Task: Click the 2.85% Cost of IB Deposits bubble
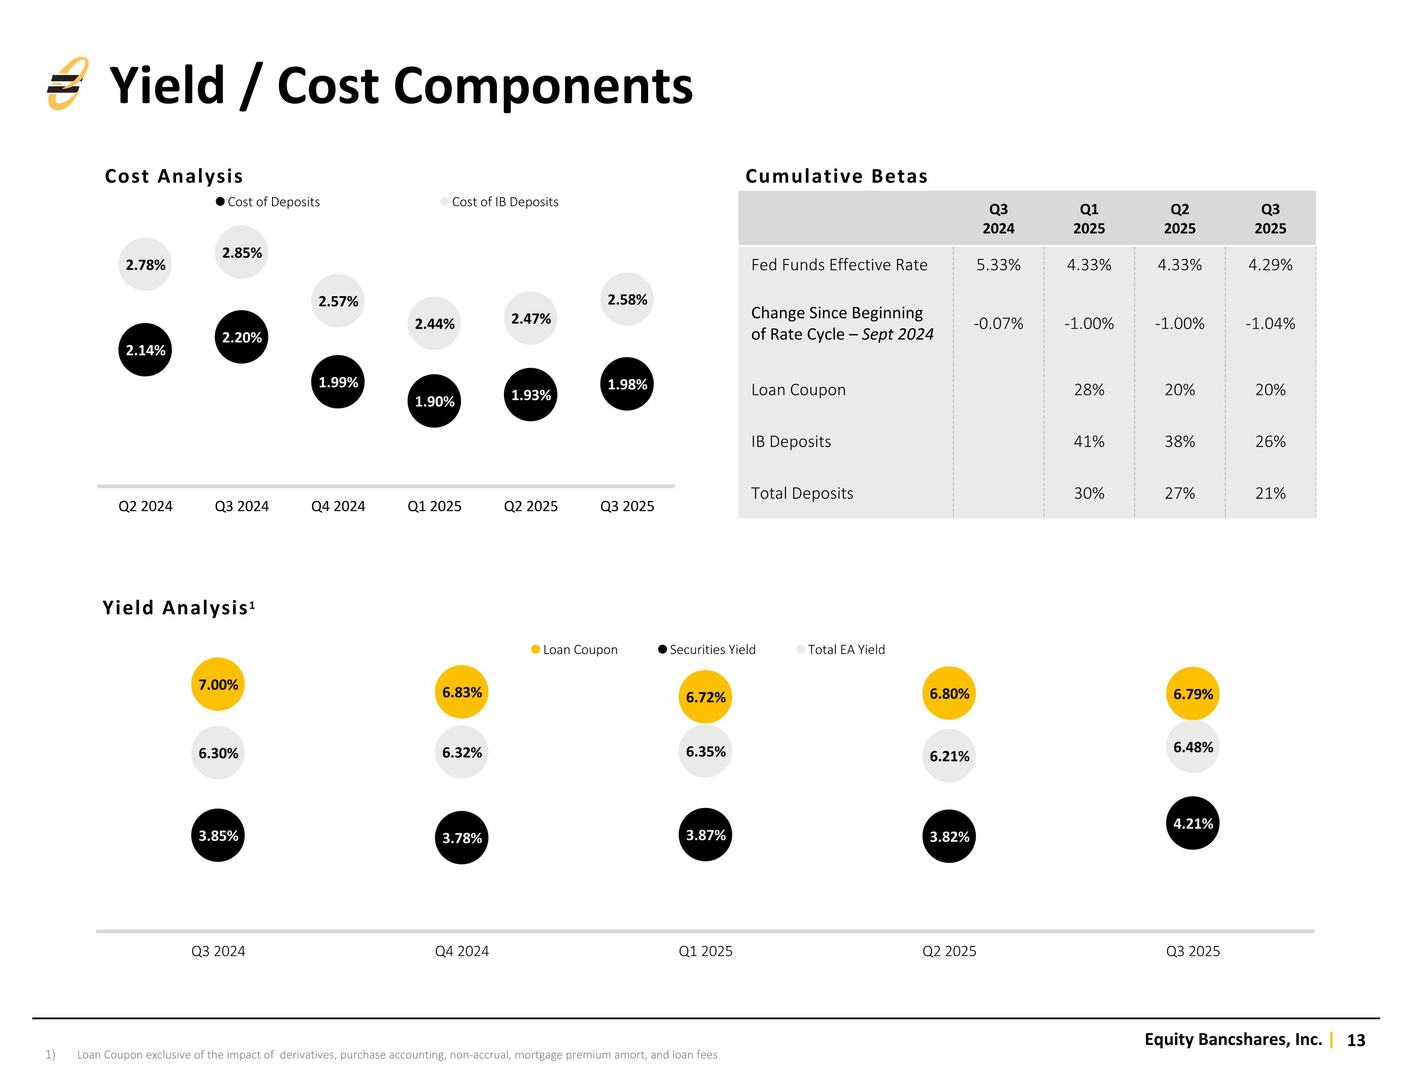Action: pyautogui.click(x=242, y=252)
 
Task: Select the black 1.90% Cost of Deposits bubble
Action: pyautogui.click(x=434, y=401)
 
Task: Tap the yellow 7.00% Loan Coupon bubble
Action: pyautogui.click(x=218, y=685)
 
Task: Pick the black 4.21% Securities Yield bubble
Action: pyautogui.click(x=1193, y=824)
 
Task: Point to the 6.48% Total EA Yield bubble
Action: pyautogui.click(x=1193, y=747)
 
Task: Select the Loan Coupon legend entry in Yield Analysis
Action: pyautogui.click(x=574, y=649)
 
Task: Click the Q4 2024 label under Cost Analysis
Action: pyautogui.click(x=338, y=506)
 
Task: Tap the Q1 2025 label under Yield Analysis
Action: pyautogui.click(x=706, y=951)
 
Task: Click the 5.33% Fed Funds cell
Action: pyautogui.click(x=998, y=265)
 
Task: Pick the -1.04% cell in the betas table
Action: pyautogui.click(x=1270, y=323)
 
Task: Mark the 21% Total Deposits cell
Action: pyautogui.click(x=1270, y=493)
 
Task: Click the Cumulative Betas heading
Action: pyautogui.click(x=836, y=176)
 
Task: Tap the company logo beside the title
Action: pyautogui.click(x=67, y=83)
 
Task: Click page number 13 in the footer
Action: pyautogui.click(x=1356, y=1040)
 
